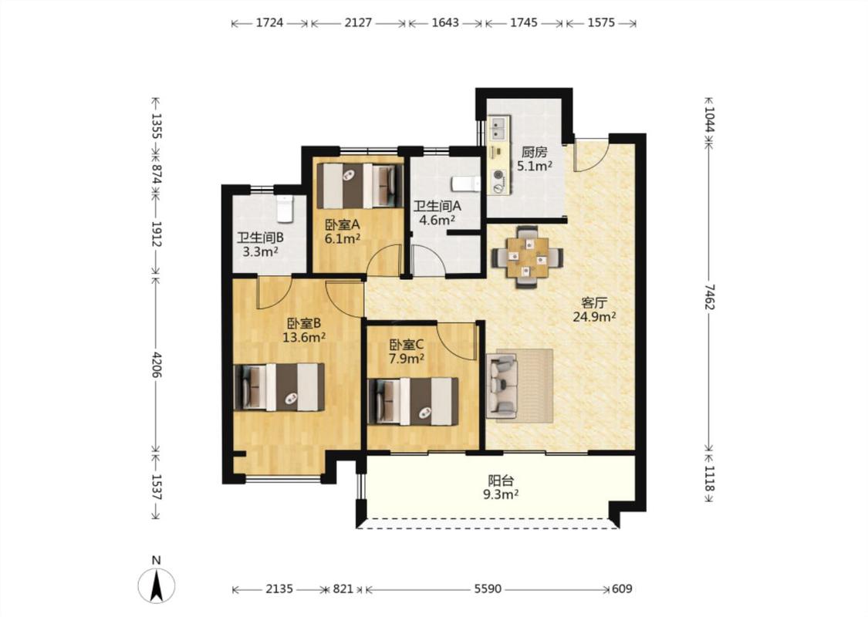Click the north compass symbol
pos(157,585)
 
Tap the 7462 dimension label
pos(710,297)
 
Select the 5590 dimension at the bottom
pos(488,588)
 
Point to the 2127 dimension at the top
pos(358,22)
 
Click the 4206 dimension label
pos(156,365)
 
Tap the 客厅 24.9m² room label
pos(595,310)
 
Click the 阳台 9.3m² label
pos(501,487)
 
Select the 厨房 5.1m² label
pos(534,159)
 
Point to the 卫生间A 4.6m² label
pos(437,213)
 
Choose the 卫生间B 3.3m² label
pos(260,244)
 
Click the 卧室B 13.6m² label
pos(304,330)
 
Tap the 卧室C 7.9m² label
pos(407,352)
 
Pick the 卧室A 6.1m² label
pos(342,231)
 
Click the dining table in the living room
pos(527,258)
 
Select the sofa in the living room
pos(502,386)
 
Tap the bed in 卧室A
pos(360,186)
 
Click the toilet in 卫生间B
pos(285,207)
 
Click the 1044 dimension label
pos(710,120)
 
